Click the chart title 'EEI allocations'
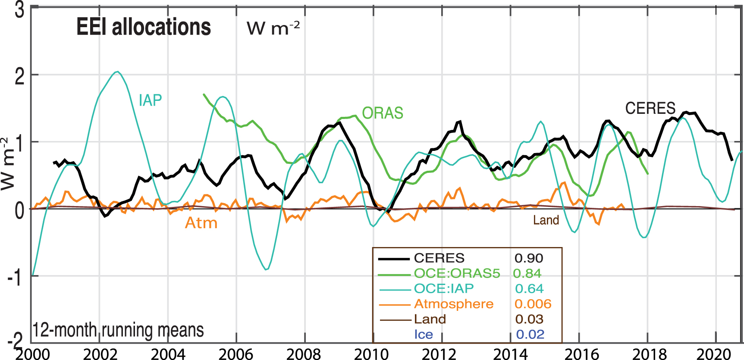144,27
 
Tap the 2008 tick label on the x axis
304,354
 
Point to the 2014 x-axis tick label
510,354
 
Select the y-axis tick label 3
19,10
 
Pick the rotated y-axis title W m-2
7,164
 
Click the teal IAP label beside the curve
150,100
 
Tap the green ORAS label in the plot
383,113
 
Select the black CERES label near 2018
650,108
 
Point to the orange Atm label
201,223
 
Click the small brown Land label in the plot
546,220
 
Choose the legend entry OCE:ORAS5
457,273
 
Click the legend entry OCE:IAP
443,288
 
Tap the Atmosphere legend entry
453,304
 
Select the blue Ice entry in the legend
423,335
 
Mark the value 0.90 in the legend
529,258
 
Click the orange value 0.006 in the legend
533,304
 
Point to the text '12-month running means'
118,330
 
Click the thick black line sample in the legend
394,259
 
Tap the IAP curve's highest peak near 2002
117,72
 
